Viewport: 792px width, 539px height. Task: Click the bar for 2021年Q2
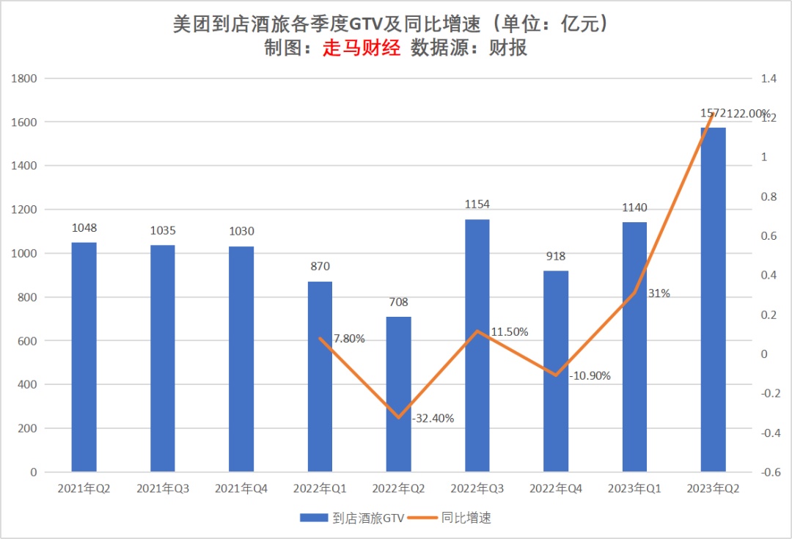[84, 356]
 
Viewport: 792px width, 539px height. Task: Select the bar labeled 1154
[477, 345]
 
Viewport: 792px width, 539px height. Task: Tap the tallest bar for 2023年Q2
[713, 299]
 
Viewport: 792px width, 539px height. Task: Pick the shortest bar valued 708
[398, 394]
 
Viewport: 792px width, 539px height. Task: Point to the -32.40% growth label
[433, 419]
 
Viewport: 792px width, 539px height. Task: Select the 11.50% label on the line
[510, 331]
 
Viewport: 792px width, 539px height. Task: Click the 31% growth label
[659, 293]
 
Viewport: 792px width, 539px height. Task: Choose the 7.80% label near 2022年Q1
[349, 339]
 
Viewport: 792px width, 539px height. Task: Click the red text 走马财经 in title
[362, 48]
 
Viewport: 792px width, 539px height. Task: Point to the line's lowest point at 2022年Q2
[398, 418]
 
